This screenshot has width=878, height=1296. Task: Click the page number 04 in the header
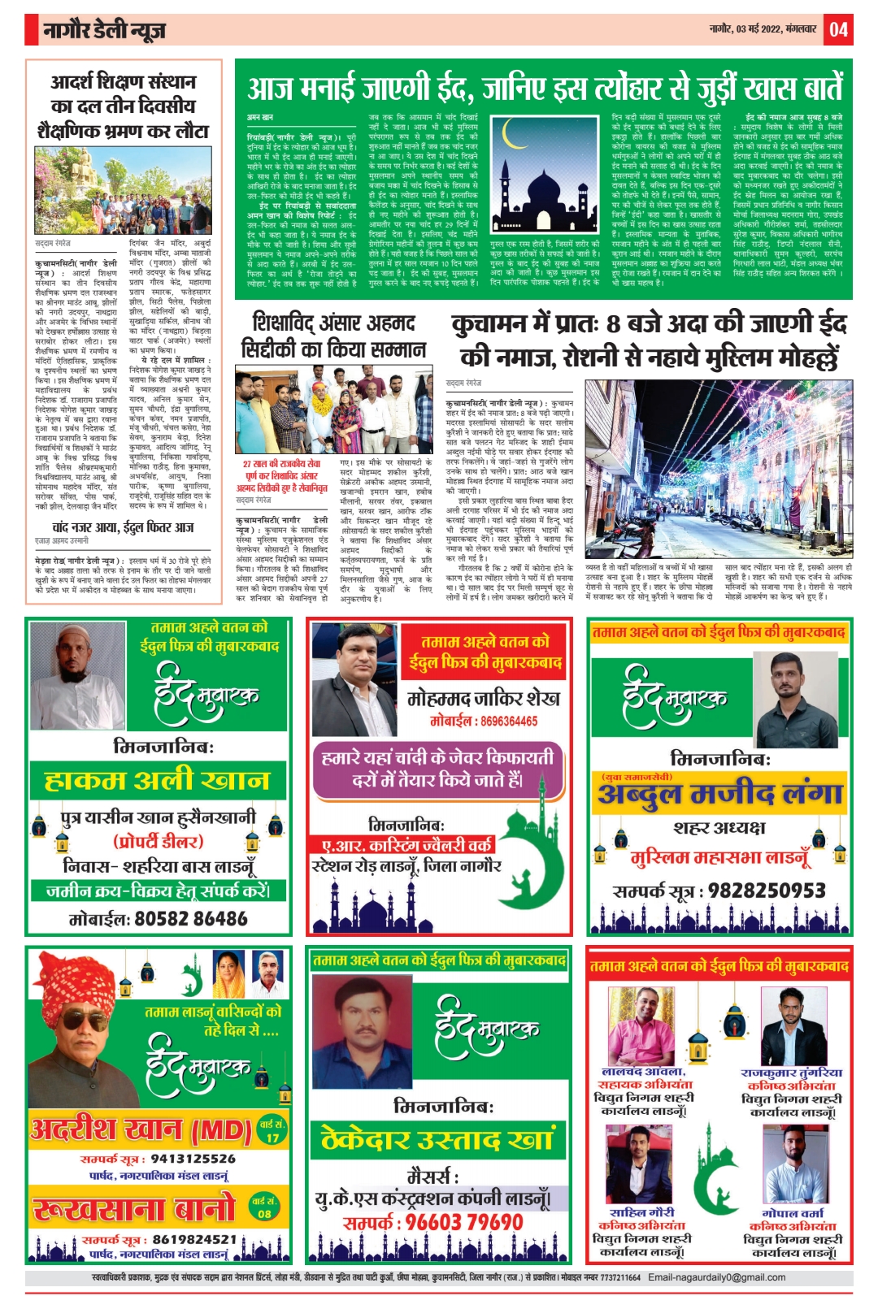(x=838, y=30)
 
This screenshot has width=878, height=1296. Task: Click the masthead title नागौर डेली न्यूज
(x=105, y=31)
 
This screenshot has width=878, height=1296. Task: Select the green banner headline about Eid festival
(x=545, y=87)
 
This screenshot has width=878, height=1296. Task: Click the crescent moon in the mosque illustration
(x=514, y=134)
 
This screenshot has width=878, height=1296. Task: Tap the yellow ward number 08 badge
(x=264, y=1207)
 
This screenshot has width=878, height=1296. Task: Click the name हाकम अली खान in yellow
(x=157, y=781)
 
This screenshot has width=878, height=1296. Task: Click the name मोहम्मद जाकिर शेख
(x=484, y=698)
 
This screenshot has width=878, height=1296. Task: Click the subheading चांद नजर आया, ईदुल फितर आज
(x=123, y=527)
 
